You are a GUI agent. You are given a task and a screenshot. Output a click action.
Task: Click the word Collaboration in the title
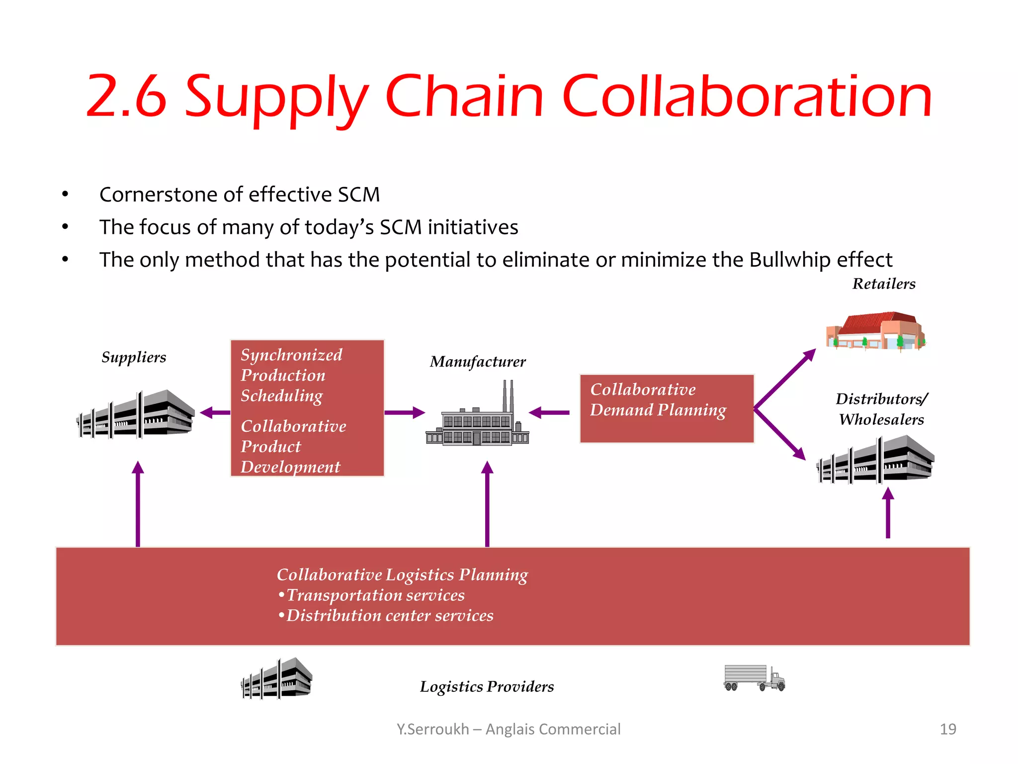[747, 96]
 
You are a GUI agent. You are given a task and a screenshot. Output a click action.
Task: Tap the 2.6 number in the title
[126, 96]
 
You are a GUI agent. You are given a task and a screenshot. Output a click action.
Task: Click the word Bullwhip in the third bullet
[790, 260]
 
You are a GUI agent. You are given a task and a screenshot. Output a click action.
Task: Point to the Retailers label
[883, 284]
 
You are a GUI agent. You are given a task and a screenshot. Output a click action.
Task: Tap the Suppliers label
[134, 357]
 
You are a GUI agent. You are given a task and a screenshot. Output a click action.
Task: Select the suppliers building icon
[135, 415]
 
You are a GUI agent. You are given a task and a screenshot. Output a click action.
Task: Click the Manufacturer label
[477, 362]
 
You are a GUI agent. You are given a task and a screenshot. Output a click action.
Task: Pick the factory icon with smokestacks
[477, 418]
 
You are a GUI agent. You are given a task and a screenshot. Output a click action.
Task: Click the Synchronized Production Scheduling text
[291, 375]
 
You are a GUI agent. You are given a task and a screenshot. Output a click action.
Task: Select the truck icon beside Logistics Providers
[754, 678]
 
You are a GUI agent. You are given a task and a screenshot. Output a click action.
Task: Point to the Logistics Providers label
[486, 686]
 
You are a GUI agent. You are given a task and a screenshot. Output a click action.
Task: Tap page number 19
[947, 729]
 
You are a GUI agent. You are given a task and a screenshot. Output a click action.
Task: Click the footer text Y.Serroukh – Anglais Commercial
[508, 729]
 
